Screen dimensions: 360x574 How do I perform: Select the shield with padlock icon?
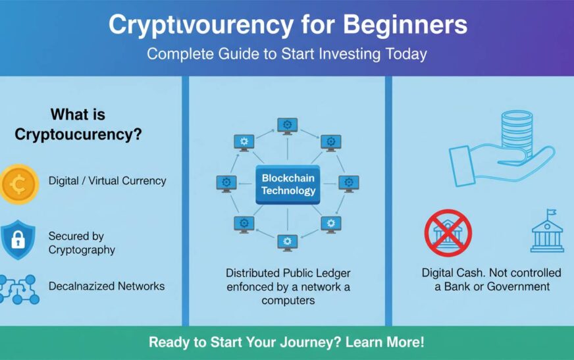[17, 240]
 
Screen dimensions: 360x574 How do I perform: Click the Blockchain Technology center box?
[288, 184]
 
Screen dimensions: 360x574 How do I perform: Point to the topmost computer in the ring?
[287, 125]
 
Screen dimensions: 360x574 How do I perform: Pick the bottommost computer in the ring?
[287, 242]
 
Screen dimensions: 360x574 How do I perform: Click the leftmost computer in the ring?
[226, 183]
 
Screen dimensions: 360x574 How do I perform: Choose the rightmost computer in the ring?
[349, 183]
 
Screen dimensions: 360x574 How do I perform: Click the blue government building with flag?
[548, 232]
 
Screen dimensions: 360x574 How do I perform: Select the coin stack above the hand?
[517, 135]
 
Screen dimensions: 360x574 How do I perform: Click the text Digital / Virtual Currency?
[107, 180]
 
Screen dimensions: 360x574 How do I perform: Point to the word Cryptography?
[82, 249]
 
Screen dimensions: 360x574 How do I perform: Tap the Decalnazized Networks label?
[107, 286]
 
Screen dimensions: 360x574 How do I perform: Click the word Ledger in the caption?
[333, 272]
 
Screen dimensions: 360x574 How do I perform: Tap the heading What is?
[78, 115]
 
